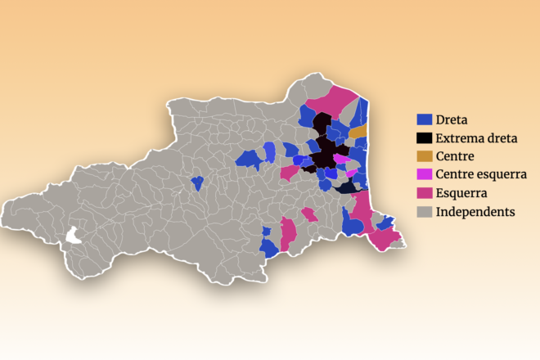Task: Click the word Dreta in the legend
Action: tap(451, 119)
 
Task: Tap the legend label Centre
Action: tap(455, 156)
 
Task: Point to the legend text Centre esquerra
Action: tap(481, 174)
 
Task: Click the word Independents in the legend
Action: tap(475, 212)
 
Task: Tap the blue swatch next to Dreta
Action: tap(424, 119)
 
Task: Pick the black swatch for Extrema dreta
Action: tap(424, 138)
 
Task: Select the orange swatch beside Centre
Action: tap(424, 156)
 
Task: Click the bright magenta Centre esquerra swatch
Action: tap(424, 174)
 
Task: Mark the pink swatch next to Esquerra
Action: tap(424, 193)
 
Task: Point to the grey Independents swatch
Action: tap(424, 212)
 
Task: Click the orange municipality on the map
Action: tap(358, 132)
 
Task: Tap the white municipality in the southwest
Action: tap(75, 236)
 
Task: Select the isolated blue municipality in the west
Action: tap(196, 182)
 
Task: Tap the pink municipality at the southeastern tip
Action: tap(382, 239)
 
